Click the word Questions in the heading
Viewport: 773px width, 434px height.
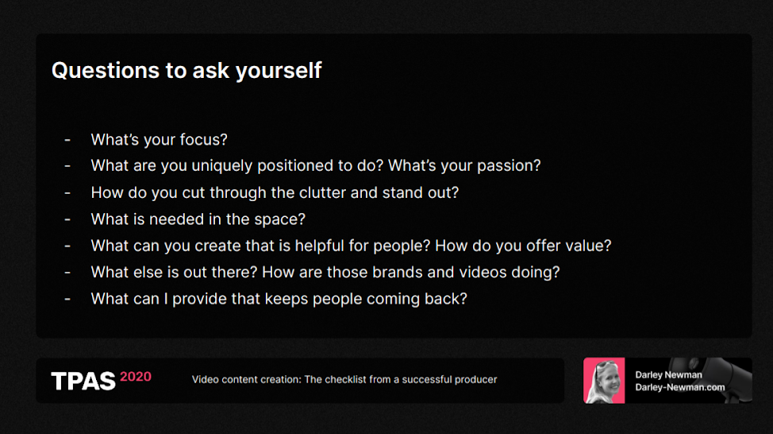point(106,71)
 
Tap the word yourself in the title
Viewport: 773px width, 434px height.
point(279,71)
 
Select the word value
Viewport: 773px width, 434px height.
point(588,246)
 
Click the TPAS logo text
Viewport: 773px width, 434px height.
point(83,382)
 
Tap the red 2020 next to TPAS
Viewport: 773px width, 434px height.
point(136,377)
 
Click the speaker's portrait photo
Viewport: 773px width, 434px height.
point(604,381)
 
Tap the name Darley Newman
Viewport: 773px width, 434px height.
point(668,374)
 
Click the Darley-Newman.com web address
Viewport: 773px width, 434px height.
point(680,387)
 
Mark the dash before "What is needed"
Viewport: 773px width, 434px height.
point(67,219)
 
